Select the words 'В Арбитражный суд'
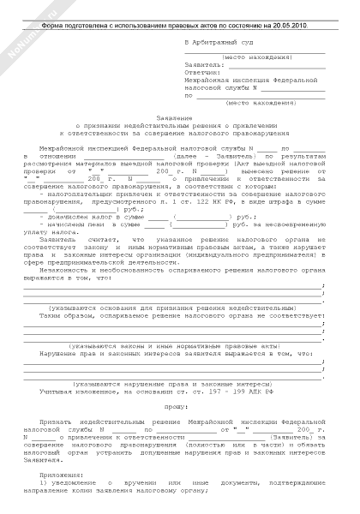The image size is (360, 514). pyautogui.click(x=219, y=41)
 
